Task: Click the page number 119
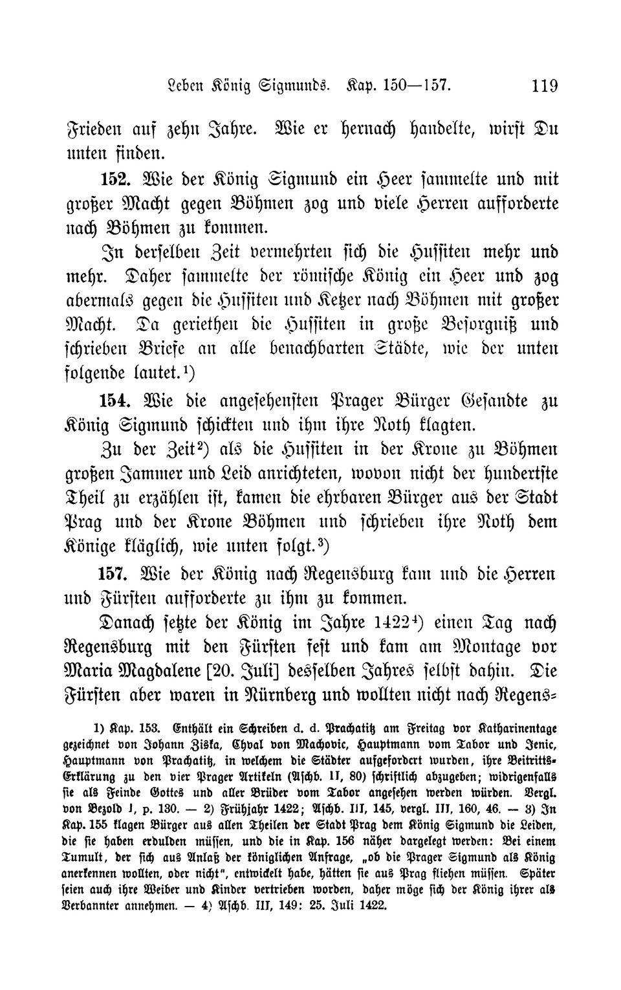[x=543, y=86]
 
